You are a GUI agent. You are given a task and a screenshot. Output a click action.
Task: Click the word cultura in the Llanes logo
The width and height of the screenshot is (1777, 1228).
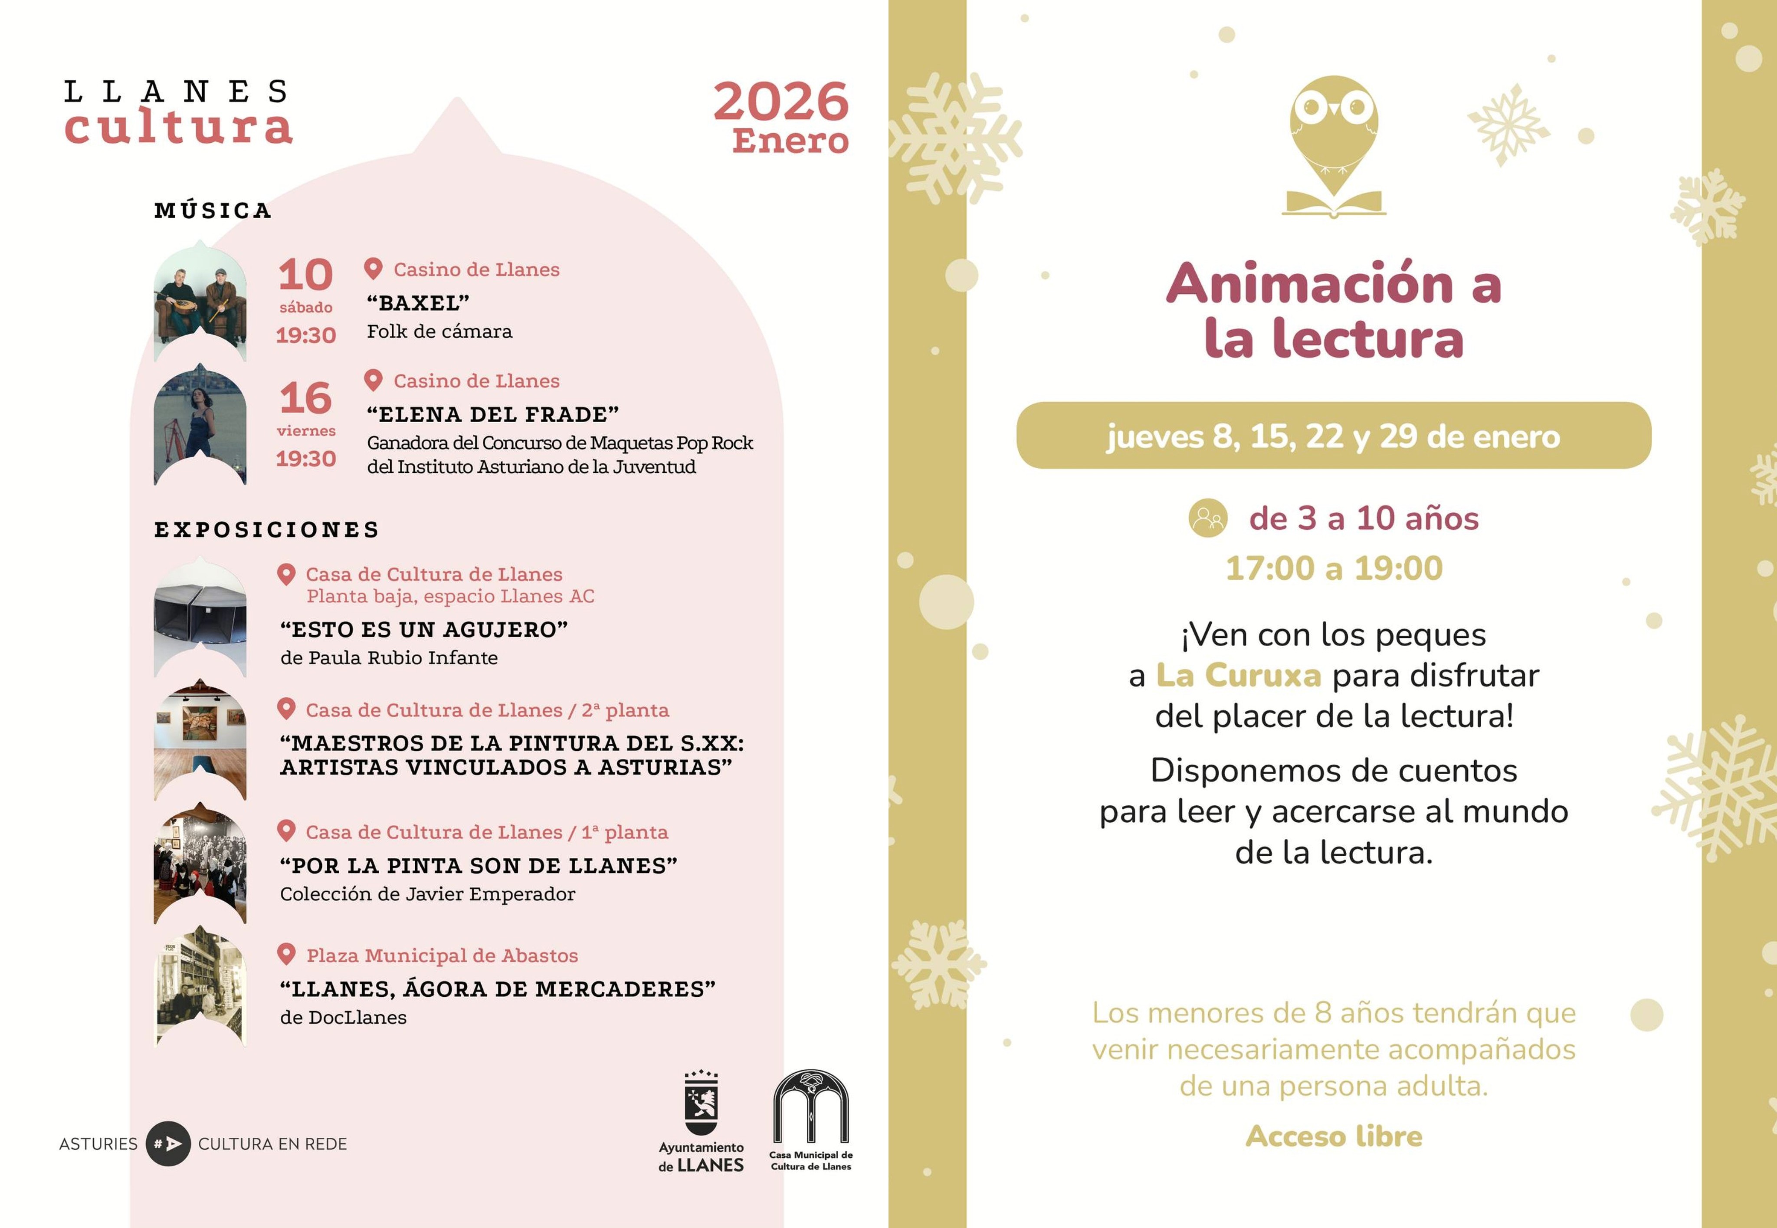178,128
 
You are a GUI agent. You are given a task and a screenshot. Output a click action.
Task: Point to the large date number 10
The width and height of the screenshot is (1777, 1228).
305,275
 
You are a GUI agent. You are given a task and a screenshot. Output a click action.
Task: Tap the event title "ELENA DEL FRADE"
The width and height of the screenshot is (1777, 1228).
492,415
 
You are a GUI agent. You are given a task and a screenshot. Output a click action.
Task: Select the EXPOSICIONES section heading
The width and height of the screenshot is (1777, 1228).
267,529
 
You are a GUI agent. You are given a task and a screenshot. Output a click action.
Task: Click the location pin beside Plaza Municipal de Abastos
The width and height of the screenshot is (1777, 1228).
286,954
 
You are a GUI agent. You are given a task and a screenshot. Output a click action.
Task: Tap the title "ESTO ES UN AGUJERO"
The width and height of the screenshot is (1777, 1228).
424,629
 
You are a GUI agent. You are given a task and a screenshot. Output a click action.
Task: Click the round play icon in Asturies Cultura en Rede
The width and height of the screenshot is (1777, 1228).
168,1143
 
